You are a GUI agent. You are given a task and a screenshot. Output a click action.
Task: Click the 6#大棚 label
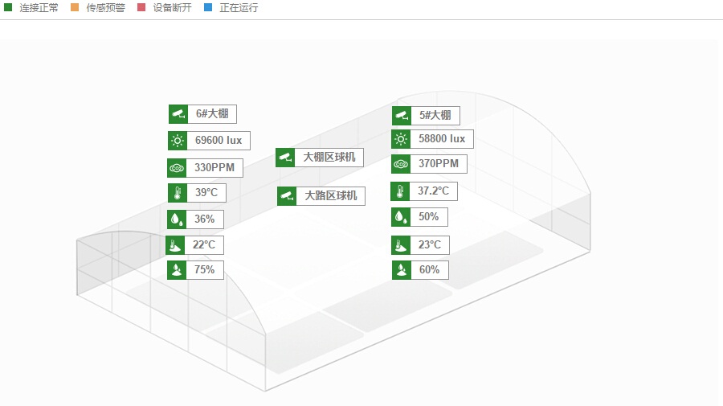[211, 114]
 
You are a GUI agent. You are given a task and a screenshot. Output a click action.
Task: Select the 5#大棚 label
[435, 115]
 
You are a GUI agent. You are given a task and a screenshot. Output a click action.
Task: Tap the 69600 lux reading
[218, 140]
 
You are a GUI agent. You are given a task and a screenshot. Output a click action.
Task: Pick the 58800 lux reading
[441, 139]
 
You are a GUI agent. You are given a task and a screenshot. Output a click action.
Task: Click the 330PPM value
[214, 168]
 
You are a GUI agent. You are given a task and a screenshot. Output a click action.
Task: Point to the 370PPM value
[438, 164]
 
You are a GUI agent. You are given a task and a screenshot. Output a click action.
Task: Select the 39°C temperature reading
[206, 193]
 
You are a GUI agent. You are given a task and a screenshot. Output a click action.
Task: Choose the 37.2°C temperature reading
[433, 191]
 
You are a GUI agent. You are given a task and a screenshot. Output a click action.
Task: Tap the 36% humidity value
[204, 219]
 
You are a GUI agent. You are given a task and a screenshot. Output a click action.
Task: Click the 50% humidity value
[428, 217]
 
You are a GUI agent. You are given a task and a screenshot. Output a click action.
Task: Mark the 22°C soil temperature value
[203, 244]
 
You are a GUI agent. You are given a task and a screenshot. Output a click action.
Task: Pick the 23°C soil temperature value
[429, 244]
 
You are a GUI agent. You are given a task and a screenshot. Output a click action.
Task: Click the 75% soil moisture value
[204, 270]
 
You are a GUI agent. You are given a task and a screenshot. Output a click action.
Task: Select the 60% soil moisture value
[429, 270]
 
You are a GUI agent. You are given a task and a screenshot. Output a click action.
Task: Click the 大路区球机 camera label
[329, 195]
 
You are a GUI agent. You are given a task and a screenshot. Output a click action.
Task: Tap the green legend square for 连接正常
[8, 7]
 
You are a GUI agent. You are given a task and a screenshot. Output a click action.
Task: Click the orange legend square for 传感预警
[75, 7]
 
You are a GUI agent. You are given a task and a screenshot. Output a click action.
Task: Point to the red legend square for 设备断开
[141, 7]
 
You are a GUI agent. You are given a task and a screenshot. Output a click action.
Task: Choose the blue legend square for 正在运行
[208, 7]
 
